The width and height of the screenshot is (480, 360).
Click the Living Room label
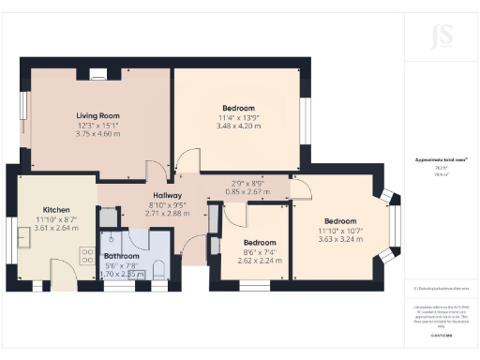click(97, 116)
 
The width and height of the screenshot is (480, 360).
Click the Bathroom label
click(121, 255)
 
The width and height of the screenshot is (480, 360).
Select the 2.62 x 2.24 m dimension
click(254, 262)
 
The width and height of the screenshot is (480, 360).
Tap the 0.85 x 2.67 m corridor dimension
click(247, 192)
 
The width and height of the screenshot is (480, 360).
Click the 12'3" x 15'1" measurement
click(97, 126)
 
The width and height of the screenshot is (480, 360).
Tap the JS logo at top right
click(441, 38)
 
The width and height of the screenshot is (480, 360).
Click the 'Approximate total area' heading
click(441, 161)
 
